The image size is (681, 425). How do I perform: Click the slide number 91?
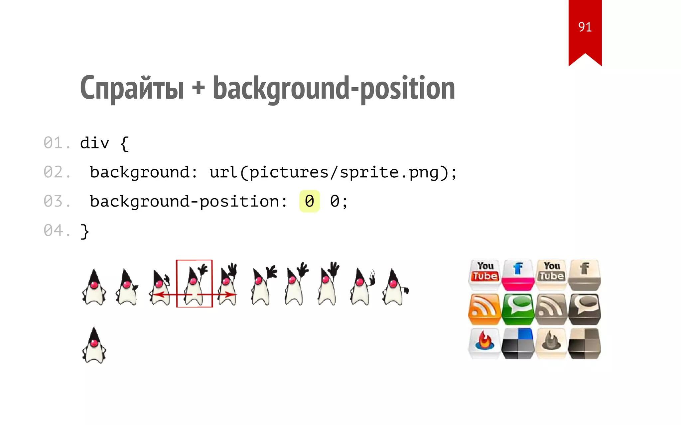pos(585,27)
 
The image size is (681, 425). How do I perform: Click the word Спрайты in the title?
pos(132,88)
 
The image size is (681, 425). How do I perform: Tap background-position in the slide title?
pos(334,88)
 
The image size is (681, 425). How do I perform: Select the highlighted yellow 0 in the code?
pos(309,201)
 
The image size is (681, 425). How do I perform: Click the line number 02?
pos(57,172)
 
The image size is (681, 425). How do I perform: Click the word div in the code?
pos(94,143)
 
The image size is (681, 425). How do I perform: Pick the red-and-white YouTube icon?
pos(485,274)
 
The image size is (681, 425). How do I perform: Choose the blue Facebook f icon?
pos(518,274)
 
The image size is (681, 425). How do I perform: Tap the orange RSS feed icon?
pos(484,309)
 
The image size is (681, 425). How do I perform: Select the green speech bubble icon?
pos(518,309)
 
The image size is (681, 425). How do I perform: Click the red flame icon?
pos(484,343)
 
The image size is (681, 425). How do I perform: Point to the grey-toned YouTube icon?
pos(551,274)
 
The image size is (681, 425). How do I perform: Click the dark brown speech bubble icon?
pos(585,309)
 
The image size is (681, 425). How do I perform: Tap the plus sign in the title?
pos(198,88)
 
